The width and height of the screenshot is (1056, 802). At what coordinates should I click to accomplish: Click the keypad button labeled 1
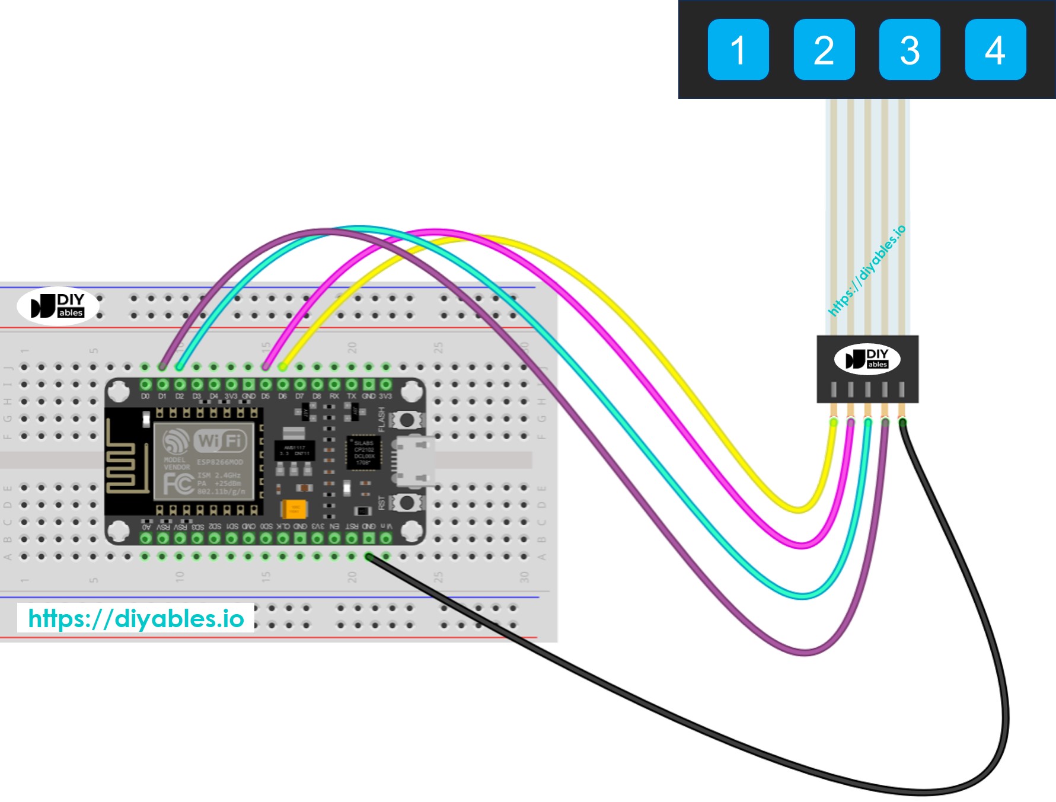pos(738,50)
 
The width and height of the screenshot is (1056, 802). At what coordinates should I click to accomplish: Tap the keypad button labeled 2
pos(824,50)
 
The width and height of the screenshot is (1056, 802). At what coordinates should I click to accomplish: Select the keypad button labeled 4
pos(996,50)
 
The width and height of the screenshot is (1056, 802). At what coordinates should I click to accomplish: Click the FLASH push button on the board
pos(406,420)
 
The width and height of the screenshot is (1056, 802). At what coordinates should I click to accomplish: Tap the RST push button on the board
pos(406,503)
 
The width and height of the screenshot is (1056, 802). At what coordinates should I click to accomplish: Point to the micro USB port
pos(414,461)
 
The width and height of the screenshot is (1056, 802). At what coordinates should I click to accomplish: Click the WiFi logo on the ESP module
pos(219,440)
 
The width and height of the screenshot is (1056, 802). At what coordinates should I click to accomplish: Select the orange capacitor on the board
pos(294,509)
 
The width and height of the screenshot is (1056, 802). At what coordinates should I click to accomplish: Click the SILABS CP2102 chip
pos(363,452)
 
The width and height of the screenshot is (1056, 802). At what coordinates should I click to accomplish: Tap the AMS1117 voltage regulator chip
pos(295,450)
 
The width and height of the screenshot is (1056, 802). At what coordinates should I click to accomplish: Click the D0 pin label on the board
pos(145,396)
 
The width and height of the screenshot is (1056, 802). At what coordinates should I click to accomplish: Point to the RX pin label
pos(334,396)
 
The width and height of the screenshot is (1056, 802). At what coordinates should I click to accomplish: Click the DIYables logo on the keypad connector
pos(867,359)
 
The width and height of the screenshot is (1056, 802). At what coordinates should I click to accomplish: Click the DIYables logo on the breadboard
pos(58,306)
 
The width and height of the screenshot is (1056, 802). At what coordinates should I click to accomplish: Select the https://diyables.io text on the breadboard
pos(136,618)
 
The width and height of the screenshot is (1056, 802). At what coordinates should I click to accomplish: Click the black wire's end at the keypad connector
pos(902,422)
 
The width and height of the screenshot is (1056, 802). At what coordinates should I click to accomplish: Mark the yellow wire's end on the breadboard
pos(283,367)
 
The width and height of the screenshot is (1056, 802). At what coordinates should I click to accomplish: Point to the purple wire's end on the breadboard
pos(162,367)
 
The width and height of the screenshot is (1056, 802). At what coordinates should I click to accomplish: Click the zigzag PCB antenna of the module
pos(126,459)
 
